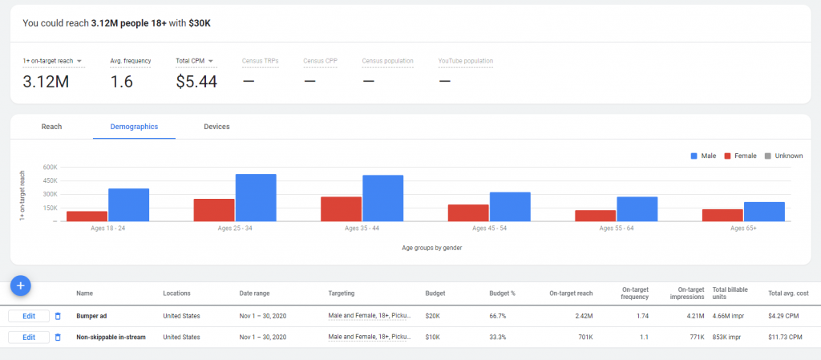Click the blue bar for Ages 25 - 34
tap(255, 197)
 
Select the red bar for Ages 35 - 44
tap(341, 208)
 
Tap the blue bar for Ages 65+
tap(763, 211)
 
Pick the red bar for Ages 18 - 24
tap(87, 216)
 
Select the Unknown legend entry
tap(783, 156)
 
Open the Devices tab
tap(216, 127)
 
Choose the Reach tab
tap(51, 127)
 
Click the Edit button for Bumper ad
tap(29, 316)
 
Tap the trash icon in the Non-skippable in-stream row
tap(58, 338)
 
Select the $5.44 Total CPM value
tap(196, 81)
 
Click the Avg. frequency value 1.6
tap(121, 81)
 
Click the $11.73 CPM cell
tap(786, 338)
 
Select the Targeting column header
tap(341, 293)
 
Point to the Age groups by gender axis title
tap(431, 248)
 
